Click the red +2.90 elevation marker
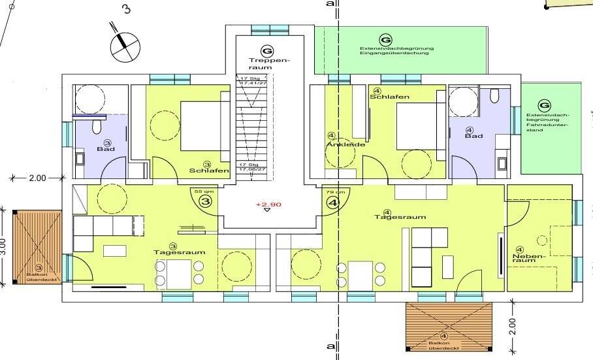(267, 205)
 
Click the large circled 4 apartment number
(333, 203)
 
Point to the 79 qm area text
(333, 191)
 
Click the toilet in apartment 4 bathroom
(493, 97)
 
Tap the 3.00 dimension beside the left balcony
(5, 246)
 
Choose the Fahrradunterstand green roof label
(548, 125)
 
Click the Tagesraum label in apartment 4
(391, 216)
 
